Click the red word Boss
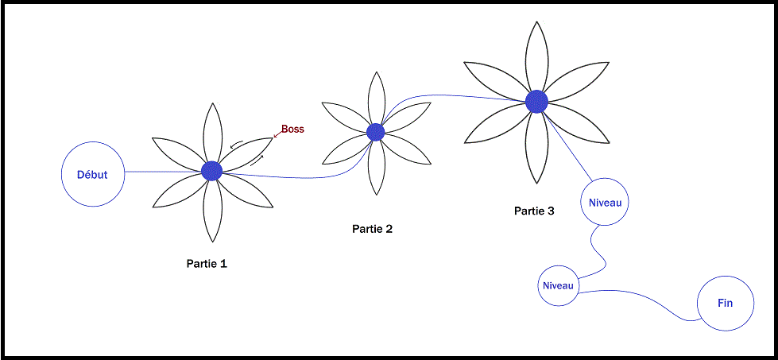(292, 130)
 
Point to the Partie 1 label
(207, 263)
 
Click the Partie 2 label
(373, 229)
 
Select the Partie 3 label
(534, 211)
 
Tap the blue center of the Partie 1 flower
(212, 171)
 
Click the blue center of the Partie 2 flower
(376, 132)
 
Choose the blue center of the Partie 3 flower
(536, 101)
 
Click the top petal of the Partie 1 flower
(213, 132)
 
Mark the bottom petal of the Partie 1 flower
(213, 211)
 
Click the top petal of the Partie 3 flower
(536, 56)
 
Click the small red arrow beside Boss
(277, 134)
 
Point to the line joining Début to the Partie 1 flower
(163, 172)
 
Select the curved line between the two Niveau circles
(598, 250)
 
